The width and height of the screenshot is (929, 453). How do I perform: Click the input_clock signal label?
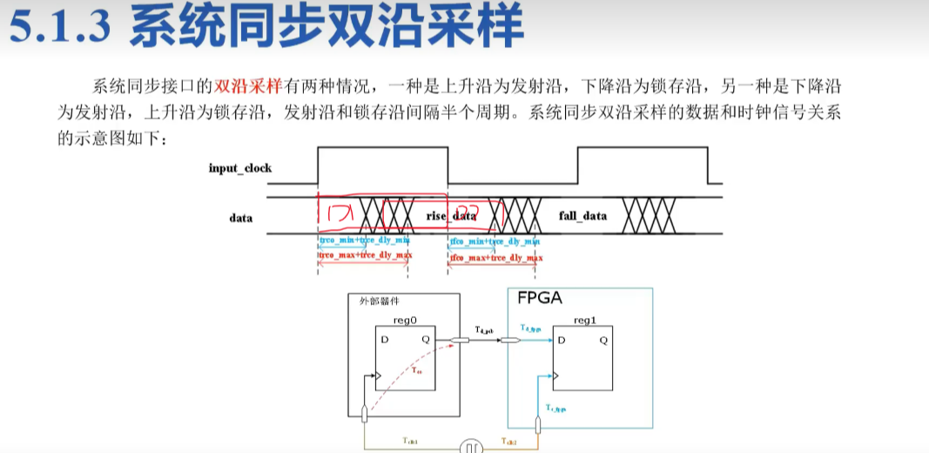click(x=239, y=167)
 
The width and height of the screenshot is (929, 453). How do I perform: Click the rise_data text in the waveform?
click(x=451, y=216)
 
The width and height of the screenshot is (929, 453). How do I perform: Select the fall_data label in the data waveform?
click(x=582, y=216)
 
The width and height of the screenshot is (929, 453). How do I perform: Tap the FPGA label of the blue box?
click(x=540, y=299)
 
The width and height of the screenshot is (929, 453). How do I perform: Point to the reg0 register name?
click(x=406, y=321)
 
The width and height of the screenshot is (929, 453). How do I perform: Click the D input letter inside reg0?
click(x=383, y=339)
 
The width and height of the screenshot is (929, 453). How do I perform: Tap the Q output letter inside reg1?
click(x=603, y=339)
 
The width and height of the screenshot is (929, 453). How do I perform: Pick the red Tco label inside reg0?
click(x=418, y=371)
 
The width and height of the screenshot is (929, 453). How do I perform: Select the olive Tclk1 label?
click(x=409, y=442)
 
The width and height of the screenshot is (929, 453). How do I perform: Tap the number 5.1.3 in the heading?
click(x=58, y=28)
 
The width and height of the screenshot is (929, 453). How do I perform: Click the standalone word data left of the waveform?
click(x=241, y=217)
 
